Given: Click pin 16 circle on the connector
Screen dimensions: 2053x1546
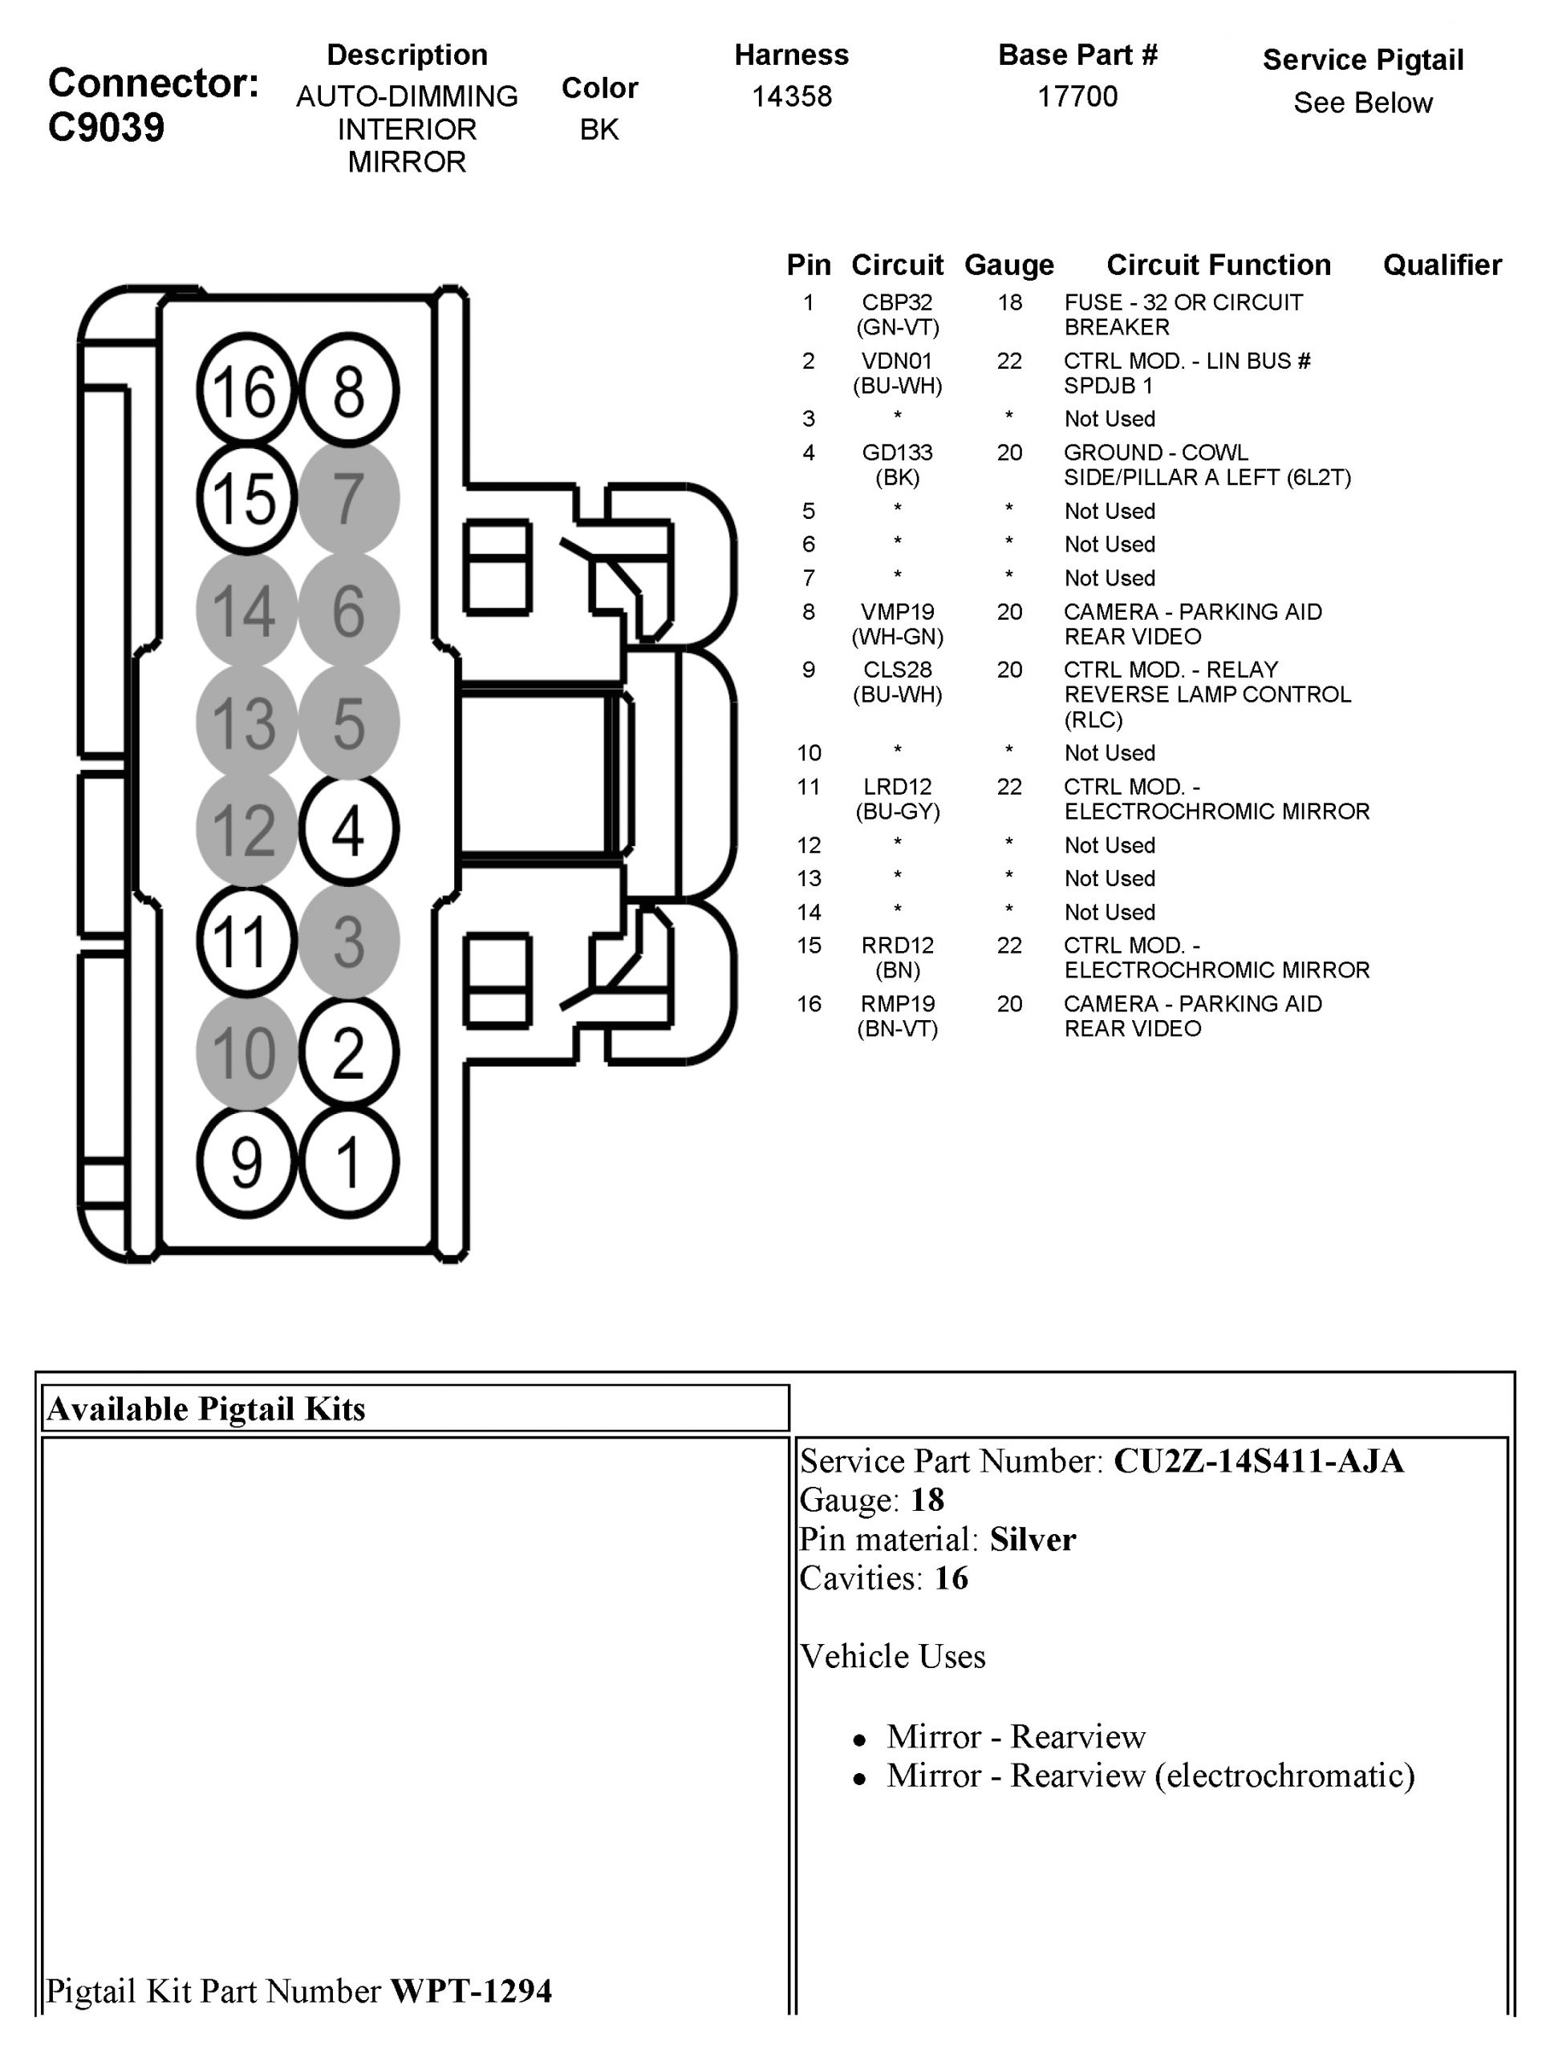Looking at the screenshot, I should [x=246, y=390].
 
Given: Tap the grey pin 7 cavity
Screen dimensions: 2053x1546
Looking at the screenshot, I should [x=348, y=498].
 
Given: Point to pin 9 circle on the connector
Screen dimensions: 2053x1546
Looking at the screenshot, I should [x=246, y=1162].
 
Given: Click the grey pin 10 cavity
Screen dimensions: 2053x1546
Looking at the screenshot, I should [x=246, y=1052].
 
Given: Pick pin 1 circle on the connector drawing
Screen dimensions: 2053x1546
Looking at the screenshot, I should [x=348, y=1162].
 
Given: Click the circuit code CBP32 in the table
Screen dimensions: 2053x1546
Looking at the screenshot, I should [x=897, y=302].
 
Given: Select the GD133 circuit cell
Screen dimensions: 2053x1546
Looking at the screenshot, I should [x=897, y=453].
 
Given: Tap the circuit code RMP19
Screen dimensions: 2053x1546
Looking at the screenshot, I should [x=897, y=1004].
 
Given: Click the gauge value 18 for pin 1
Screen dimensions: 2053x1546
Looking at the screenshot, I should [x=1009, y=302].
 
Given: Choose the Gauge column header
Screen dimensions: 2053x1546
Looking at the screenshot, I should [x=1009, y=265].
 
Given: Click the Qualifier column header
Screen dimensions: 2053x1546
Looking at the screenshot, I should [x=1441, y=265].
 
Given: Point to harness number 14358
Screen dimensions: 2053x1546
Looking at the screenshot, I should [x=791, y=96].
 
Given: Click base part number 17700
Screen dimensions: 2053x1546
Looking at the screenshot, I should [x=1077, y=96].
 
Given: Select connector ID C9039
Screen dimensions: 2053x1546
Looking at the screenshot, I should [x=106, y=128].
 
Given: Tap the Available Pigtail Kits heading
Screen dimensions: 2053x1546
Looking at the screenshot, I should [x=206, y=1409].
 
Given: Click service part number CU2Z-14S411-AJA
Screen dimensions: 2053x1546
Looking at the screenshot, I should [x=1258, y=1461].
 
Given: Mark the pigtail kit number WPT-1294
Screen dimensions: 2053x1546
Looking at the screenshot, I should [x=471, y=1990].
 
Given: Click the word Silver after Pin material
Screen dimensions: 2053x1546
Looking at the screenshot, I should [x=1032, y=1540].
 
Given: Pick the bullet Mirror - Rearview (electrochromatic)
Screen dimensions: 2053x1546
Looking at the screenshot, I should [x=1150, y=1775].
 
